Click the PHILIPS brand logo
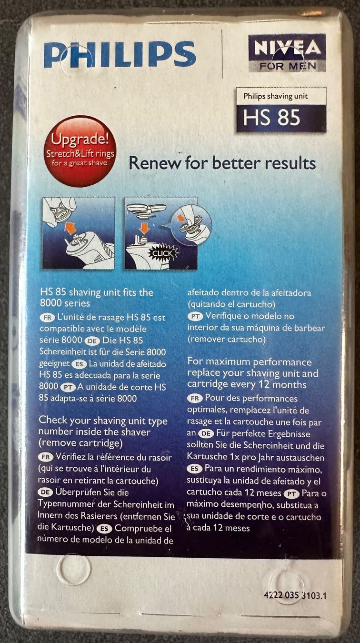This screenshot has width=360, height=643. (x=120, y=54)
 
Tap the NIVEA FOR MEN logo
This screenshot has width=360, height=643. (x=287, y=53)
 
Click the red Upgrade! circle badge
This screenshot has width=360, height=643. (x=80, y=151)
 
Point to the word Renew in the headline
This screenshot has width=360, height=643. (x=155, y=163)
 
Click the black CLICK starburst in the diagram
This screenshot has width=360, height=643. (x=162, y=253)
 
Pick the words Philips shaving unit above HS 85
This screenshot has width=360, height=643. (x=275, y=96)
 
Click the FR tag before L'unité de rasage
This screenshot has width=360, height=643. (x=47, y=318)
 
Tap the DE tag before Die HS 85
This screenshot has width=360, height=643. (x=92, y=341)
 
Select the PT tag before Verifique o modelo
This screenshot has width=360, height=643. (x=196, y=316)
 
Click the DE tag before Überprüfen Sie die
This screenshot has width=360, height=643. (x=45, y=492)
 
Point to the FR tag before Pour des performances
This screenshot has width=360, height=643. (x=195, y=398)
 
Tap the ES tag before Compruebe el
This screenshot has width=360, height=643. (x=104, y=528)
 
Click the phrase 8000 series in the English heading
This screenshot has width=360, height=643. (x=65, y=303)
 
